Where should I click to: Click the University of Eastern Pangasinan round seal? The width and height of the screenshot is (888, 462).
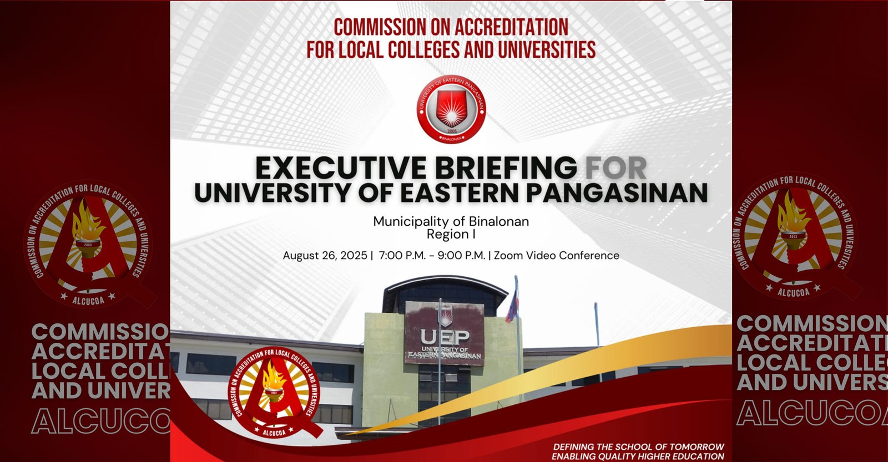pos(451,109)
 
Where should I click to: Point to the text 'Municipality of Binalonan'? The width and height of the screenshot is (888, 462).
pos(451,221)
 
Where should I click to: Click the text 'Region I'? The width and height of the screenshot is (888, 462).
pos(451,234)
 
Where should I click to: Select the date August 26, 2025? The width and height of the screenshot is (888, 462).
pos(325,256)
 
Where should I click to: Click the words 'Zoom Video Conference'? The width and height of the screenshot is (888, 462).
pos(556,256)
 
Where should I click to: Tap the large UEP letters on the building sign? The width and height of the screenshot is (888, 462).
pos(445,337)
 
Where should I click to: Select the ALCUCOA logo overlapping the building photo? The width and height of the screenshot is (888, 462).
pos(274,391)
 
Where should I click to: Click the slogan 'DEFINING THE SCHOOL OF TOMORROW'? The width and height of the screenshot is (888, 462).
pos(638,446)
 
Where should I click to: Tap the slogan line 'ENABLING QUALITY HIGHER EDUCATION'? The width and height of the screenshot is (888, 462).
pos(638,456)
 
